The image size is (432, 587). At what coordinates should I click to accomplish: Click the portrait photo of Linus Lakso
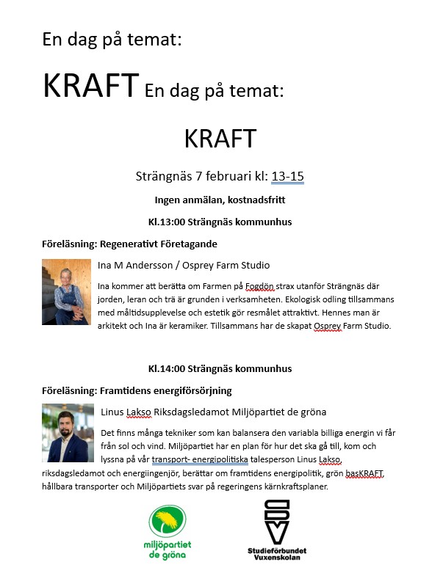click(x=68, y=433)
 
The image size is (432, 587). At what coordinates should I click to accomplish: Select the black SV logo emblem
click(x=276, y=521)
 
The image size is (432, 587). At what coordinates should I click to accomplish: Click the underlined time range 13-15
click(x=287, y=176)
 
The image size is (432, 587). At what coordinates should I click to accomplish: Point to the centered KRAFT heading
click(x=220, y=139)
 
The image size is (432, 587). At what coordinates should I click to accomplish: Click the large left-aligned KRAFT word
click(x=90, y=87)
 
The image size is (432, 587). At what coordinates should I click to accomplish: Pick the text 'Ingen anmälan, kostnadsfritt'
click(x=220, y=199)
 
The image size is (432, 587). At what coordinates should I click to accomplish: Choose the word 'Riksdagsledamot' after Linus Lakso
click(x=197, y=412)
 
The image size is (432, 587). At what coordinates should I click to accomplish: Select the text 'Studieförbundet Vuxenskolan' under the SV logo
click(x=277, y=553)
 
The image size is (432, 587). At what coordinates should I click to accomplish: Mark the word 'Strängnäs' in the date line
click(x=164, y=176)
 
